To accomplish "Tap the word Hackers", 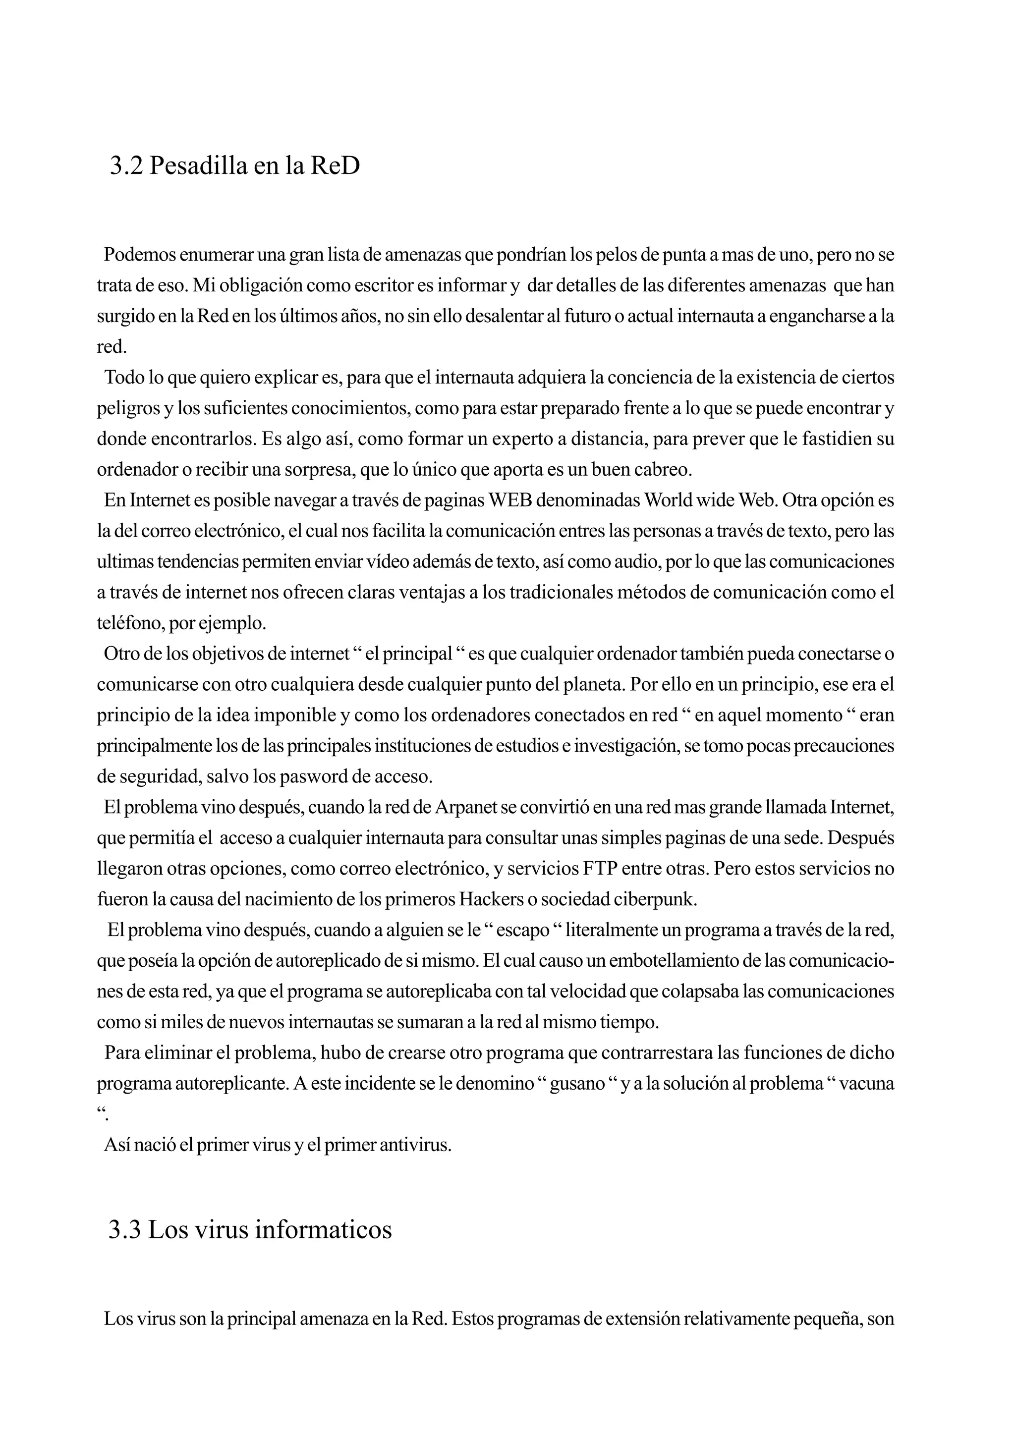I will click(491, 899).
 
